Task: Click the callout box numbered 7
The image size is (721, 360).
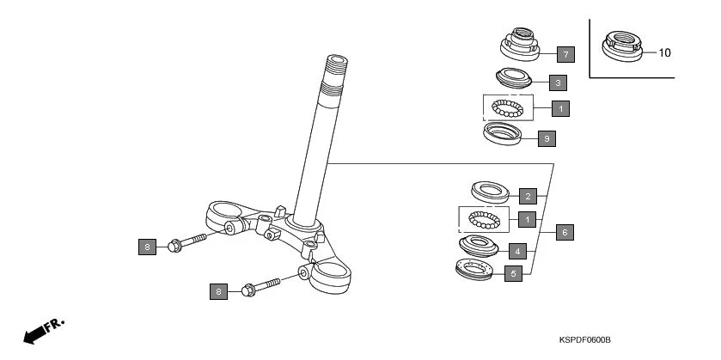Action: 564,54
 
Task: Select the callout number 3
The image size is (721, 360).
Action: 558,83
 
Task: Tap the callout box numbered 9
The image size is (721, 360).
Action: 546,137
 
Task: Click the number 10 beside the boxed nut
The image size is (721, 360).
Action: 664,52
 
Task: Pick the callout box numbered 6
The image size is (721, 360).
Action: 564,232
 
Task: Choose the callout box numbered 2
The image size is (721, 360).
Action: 529,196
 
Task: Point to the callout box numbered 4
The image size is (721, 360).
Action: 518,252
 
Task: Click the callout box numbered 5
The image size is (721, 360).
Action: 513,274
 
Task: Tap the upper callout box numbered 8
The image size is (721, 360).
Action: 147,247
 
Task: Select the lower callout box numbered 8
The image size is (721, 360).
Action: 218,292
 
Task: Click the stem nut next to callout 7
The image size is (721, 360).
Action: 519,44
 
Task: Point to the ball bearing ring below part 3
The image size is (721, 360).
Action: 507,108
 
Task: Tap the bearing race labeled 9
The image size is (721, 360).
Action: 501,135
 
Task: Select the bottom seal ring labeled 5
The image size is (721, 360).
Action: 473,271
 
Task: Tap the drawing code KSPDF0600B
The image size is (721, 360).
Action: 584,341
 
